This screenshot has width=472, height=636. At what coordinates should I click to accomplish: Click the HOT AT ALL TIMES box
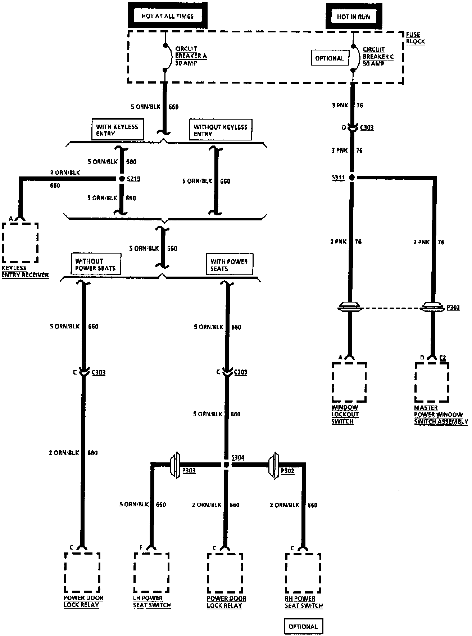tap(168, 16)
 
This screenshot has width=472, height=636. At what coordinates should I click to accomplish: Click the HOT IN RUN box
tap(353, 17)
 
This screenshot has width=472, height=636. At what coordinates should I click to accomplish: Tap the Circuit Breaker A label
tap(191, 56)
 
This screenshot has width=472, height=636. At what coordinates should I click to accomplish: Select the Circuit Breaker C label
tap(378, 57)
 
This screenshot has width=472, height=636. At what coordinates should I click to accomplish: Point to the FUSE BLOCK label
tap(415, 38)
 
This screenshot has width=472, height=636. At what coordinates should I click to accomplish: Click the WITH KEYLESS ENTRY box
tap(117, 130)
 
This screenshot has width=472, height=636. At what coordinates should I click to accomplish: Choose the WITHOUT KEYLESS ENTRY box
tap(220, 130)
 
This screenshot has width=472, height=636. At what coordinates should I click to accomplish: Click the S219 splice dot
tap(122, 179)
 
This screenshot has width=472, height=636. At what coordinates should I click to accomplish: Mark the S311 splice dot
tap(352, 177)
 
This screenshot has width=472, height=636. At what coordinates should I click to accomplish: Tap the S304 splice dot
tap(226, 465)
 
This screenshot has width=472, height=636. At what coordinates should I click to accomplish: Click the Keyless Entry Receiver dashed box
tap(20, 242)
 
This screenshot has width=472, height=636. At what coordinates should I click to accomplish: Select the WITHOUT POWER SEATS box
tap(95, 264)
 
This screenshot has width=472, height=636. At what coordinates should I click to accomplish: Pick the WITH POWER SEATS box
tap(229, 265)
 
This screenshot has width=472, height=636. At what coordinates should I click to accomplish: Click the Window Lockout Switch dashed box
tap(349, 382)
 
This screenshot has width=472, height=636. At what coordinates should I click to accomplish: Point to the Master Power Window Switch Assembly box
tap(432, 382)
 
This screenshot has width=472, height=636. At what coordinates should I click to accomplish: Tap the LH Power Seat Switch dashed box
tap(151, 573)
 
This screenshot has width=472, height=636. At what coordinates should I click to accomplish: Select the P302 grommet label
tap(287, 471)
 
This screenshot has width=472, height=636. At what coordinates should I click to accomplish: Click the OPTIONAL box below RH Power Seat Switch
tap(303, 626)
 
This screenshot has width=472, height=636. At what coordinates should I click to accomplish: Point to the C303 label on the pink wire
tap(367, 127)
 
